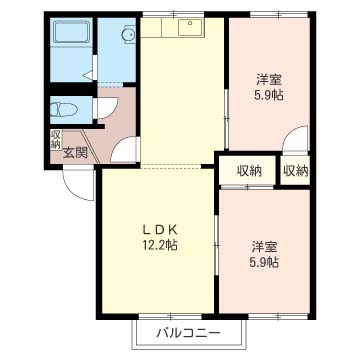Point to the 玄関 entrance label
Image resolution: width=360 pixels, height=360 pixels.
pos(75,152)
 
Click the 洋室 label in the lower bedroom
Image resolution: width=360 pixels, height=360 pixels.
pos(264,247)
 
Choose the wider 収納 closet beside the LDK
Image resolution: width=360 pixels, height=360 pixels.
pos(249,171)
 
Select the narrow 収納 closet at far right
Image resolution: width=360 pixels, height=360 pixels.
pos(295,171)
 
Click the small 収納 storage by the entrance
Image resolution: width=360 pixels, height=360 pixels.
pos(55,140)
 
